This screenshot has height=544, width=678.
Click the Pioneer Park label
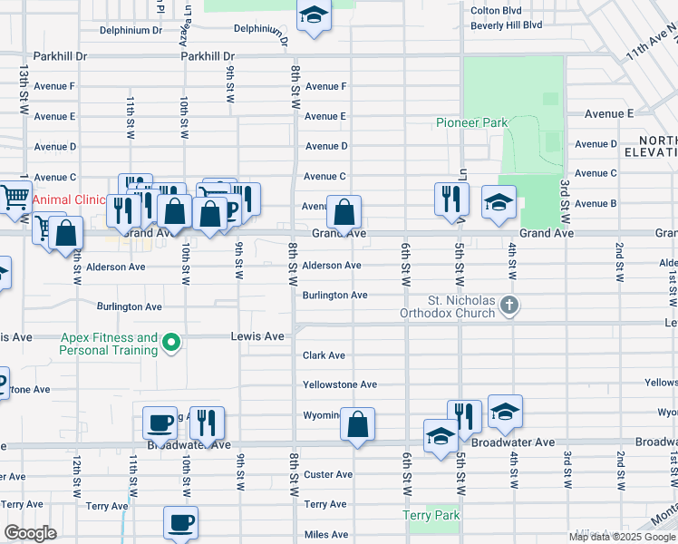tap(471, 122)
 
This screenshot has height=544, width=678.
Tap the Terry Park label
tap(431, 515)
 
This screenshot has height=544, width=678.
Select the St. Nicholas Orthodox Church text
tap(461, 306)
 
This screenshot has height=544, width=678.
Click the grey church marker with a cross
tap(509, 306)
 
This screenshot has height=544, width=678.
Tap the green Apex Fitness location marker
tap(169, 344)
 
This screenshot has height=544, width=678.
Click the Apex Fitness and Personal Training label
tap(110, 343)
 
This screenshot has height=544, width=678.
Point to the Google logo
tap(30, 533)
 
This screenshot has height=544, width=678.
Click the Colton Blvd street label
tap(494, 11)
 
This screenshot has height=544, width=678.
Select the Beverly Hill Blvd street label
tap(506, 25)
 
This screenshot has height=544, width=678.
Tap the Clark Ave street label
tap(324, 355)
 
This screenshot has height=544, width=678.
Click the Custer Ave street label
tap(328, 474)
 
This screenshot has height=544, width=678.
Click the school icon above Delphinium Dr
tap(314, 15)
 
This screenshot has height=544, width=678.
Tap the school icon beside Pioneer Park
tap(499, 203)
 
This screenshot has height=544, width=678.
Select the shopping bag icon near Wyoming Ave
tap(358, 424)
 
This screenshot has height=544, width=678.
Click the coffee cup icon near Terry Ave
tap(179, 523)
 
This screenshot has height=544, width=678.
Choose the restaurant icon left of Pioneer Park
tap(451, 199)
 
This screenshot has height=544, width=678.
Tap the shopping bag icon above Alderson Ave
tap(344, 213)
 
